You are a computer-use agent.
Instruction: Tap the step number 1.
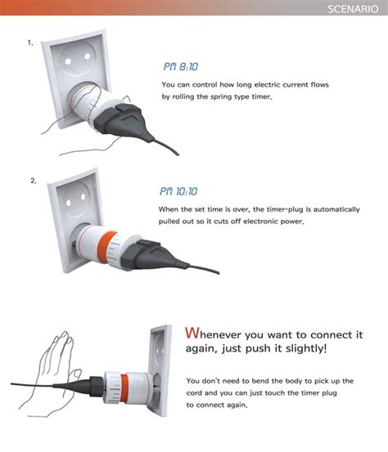click(30, 43)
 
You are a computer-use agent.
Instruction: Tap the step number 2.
click(34, 181)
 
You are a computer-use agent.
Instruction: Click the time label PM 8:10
click(181, 66)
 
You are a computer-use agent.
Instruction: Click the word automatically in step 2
click(325, 209)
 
